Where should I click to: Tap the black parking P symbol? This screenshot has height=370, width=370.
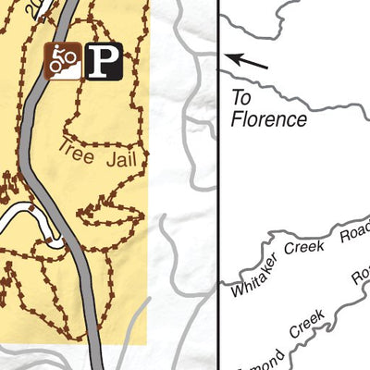[x=104, y=62]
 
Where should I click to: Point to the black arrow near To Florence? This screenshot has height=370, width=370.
[x=249, y=62]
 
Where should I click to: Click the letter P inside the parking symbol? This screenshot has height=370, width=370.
[x=105, y=62]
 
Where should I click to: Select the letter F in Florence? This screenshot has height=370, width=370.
[x=236, y=119]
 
